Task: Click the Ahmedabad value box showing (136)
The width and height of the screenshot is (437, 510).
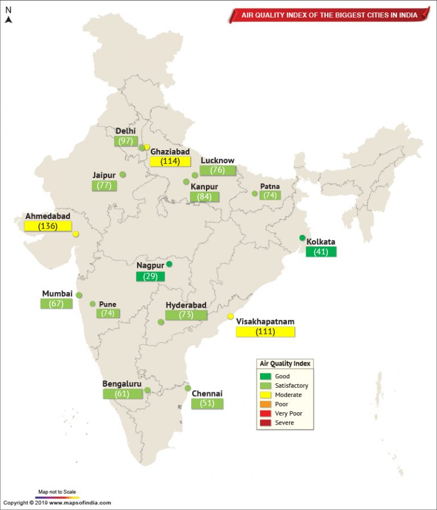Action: [48, 226]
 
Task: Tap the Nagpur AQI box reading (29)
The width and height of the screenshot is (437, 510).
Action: [150, 276]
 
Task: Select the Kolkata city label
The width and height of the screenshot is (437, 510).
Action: [321, 242]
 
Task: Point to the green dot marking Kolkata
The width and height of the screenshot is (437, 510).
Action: [302, 238]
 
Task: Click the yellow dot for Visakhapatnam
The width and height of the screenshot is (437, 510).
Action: [230, 316]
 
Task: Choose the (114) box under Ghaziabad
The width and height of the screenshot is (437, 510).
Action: [170, 161]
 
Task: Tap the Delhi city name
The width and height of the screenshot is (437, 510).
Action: [126, 131]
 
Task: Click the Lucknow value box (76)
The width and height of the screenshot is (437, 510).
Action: [217, 170]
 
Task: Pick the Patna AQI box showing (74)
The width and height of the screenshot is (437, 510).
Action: [270, 195]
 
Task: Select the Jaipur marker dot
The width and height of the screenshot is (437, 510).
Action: [122, 175]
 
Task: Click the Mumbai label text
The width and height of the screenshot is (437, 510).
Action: [57, 293]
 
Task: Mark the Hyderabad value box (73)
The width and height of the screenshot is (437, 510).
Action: [186, 315]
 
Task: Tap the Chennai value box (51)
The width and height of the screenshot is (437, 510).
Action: [207, 403]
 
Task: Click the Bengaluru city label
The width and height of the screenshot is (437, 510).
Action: [122, 384]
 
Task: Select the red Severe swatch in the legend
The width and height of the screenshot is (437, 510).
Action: [265, 422]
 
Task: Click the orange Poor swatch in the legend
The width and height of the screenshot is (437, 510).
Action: [265, 404]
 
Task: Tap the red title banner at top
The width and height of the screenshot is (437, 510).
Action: [328, 15]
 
